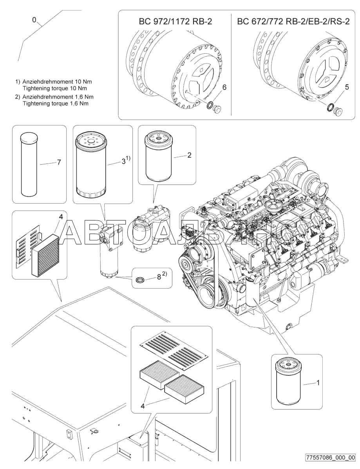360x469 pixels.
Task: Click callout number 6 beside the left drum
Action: pyautogui.click(x=224, y=87)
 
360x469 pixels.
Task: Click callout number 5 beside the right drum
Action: pyautogui.click(x=347, y=87)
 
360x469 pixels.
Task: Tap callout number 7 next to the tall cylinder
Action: pyautogui.click(x=59, y=162)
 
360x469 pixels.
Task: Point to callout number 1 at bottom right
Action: pyautogui.click(x=318, y=382)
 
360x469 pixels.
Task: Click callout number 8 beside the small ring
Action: pyautogui.click(x=159, y=277)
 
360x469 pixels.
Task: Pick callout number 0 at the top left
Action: pyautogui.click(x=34, y=20)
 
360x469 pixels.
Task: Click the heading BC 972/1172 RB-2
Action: pyautogui.click(x=175, y=22)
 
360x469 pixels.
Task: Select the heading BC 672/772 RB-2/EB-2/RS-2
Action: pyautogui.click(x=293, y=22)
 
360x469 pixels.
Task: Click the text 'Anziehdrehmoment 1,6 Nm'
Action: pyautogui.click(x=58, y=96)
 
